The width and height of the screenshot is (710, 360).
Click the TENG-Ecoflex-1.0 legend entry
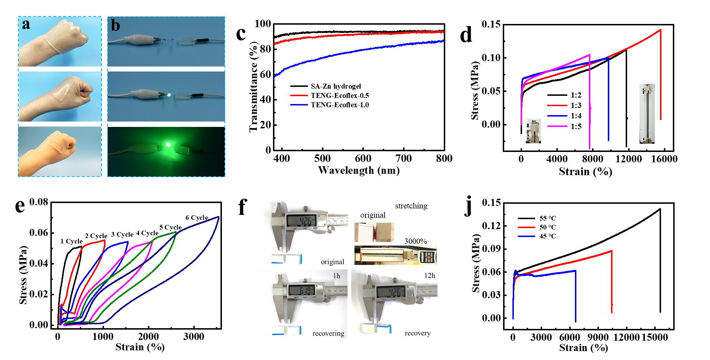[329, 105]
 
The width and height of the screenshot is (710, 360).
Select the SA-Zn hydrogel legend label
[336, 86]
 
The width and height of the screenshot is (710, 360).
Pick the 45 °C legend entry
[537, 236]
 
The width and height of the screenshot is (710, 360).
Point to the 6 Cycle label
[197, 217]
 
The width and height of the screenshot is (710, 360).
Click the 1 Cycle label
[71, 241]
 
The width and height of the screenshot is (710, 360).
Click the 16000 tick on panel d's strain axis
[664, 159]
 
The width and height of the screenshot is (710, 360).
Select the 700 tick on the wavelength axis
[404, 158]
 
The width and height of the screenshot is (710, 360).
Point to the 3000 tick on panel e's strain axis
[194, 336]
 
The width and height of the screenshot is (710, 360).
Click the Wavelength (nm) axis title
[359, 170]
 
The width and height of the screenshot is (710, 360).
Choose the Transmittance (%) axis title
[253, 87]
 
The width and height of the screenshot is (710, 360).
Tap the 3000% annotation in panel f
[416, 241]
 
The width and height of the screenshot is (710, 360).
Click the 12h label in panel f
[430, 276]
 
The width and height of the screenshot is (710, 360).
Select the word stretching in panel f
[411, 206]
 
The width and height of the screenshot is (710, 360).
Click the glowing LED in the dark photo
[168, 145]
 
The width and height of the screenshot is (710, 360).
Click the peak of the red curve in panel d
[660, 30]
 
